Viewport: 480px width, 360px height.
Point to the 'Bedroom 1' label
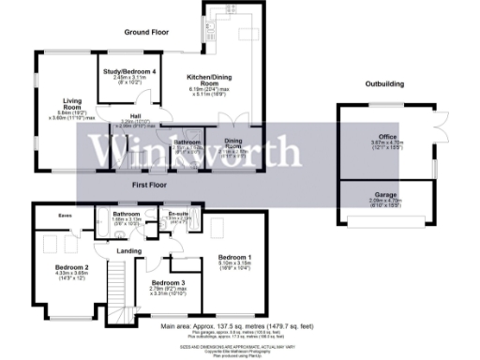(x=234, y=256)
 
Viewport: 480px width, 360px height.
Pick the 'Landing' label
(x=128, y=250)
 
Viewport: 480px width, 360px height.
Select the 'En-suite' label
(x=177, y=214)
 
